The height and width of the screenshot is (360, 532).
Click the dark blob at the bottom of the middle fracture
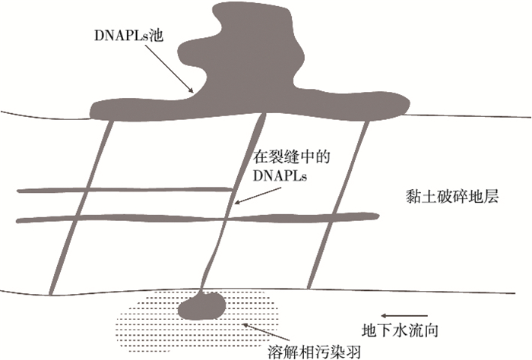(x=201, y=307)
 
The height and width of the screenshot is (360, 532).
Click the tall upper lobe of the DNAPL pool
(x=228, y=38)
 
